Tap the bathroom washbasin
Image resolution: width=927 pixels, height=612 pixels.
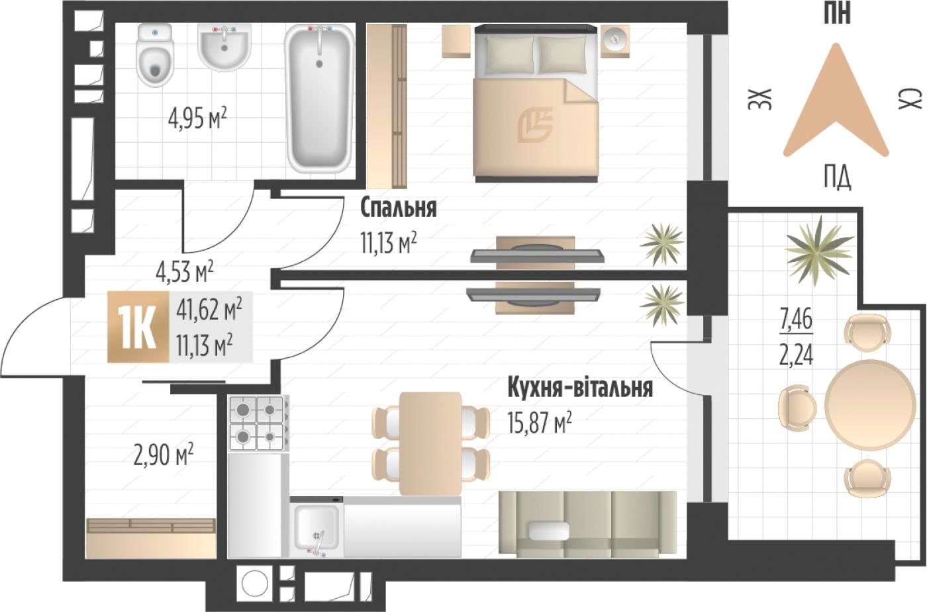(x=224, y=46)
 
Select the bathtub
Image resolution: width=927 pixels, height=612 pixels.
(x=320, y=99)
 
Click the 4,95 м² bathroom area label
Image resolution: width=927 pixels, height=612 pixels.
(x=197, y=119)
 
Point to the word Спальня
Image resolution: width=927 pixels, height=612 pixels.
(x=399, y=208)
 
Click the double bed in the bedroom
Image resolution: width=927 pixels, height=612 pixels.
(x=537, y=103)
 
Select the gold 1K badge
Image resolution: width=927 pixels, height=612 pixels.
(x=138, y=327)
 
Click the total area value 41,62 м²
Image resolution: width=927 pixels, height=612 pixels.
(x=209, y=310)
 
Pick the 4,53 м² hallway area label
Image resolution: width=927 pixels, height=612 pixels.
(x=185, y=272)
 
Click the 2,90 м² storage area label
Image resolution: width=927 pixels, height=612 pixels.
(x=163, y=457)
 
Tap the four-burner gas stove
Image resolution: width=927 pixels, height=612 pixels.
(x=258, y=423)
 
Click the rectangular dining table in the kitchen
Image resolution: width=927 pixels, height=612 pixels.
(x=431, y=443)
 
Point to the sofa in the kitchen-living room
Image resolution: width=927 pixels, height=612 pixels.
(x=588, y=524)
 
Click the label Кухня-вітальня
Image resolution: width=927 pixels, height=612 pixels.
(x=580, y=388)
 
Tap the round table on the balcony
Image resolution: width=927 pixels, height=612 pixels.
(x=870, y=405)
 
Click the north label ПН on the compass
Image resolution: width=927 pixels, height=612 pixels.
(x=837, y=13)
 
